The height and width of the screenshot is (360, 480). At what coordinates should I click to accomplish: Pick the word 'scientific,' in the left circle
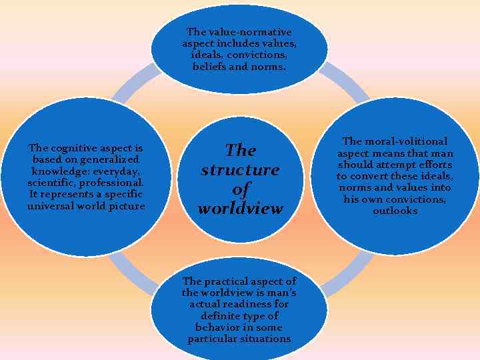[51, 183]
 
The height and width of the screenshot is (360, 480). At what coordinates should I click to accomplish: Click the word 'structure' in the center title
[240, 169]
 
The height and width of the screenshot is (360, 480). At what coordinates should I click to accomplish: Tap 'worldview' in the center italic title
[240, 208]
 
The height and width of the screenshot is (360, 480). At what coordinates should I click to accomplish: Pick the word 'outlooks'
[395, 211]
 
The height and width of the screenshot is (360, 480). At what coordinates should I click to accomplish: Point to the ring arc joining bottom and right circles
[347, 273]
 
